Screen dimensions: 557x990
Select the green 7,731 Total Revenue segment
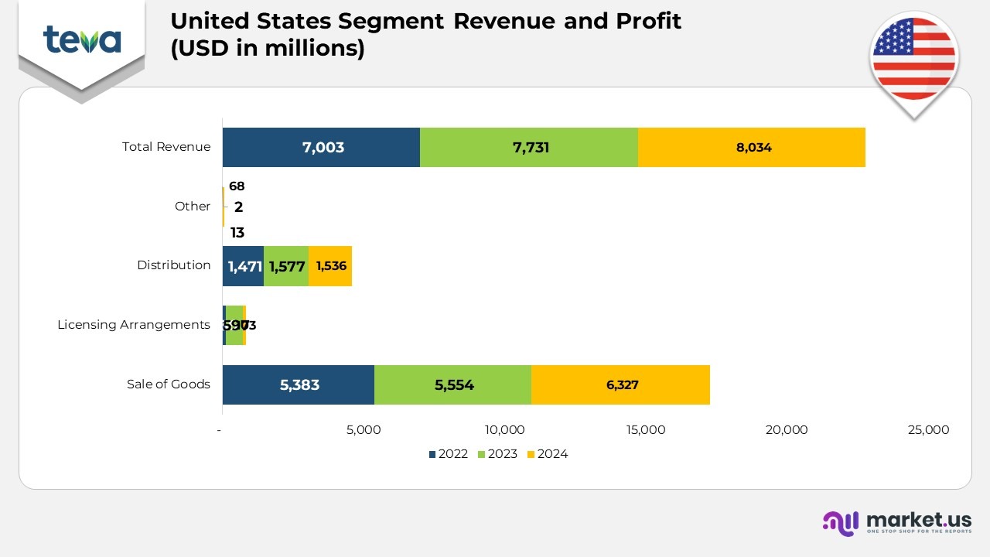(529, 147)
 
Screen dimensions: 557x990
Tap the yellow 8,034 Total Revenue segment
(751, 147)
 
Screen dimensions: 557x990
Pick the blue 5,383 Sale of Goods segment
(299, 384)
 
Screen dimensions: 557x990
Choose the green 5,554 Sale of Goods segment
(452, 384)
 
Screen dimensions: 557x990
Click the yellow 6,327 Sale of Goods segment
(620, 384)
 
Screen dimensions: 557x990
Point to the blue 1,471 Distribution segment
(243, 266)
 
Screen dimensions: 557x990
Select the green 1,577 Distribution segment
(286, 266)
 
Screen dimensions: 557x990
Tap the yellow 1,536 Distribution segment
(330, 266)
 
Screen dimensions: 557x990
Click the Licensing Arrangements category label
(134, 325)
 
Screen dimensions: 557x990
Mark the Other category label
(193, 207)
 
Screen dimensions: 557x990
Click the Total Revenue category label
(166, 147)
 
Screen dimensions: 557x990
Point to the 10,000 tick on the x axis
(505, 430)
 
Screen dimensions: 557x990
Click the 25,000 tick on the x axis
(927, 430)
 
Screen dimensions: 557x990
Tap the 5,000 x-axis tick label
(364, 430)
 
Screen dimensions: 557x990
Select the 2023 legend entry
(497, 454)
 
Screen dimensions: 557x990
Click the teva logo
(82, 39)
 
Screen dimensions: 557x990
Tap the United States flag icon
(913, 60)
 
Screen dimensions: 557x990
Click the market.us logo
(897, 523)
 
